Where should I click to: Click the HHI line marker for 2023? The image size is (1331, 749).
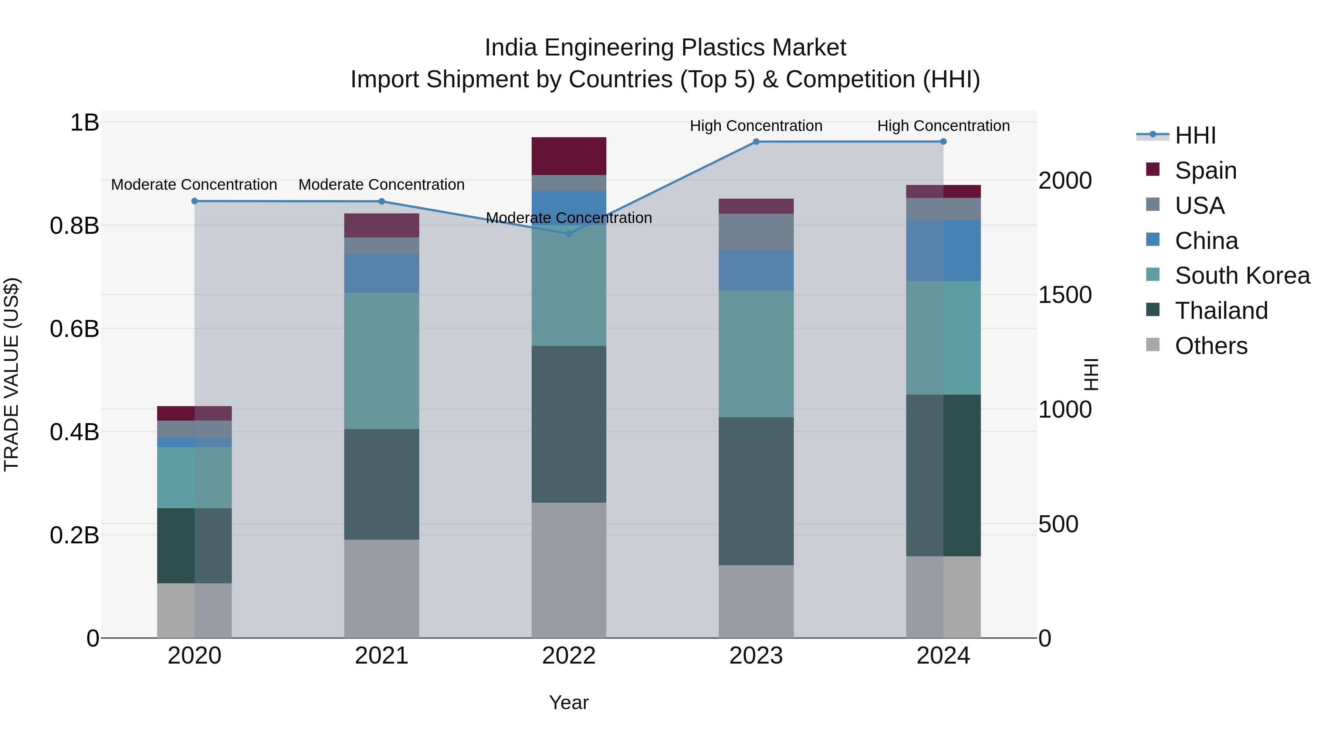coord(756,142)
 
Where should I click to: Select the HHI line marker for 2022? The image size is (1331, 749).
coord(569,234)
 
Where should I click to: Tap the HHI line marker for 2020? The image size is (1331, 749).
coord(194,201)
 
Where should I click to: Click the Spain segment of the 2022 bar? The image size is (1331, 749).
coord(569,156)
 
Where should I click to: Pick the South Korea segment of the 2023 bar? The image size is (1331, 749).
coord(756,354)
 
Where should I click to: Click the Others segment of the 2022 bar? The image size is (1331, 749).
coord(569,570)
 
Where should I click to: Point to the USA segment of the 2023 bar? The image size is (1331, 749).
coord(756,232)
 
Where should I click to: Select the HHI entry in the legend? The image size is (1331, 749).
coord(1195,135)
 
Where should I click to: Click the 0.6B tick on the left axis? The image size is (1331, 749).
coord(74,329)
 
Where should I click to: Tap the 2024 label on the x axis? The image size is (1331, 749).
coord(943,656)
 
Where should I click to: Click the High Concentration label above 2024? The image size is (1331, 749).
coord(943,126)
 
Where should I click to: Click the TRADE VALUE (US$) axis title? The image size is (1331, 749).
coord(11,374)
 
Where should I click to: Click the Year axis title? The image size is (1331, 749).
coord(569,702)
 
